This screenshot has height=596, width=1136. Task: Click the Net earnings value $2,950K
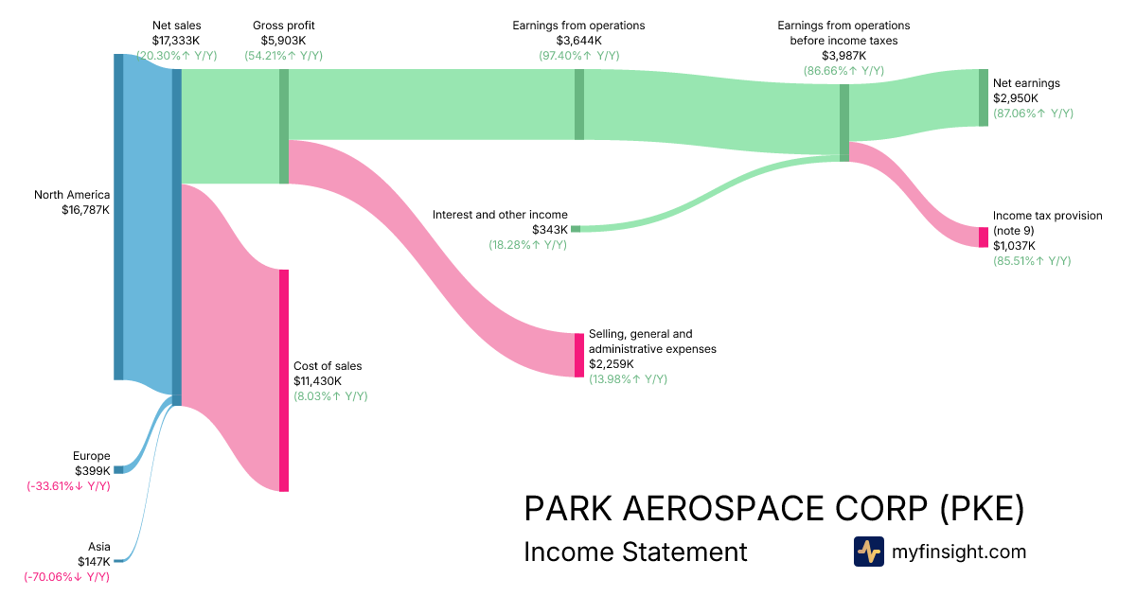coord(1016,98)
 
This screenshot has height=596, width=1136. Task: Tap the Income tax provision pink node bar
coord(983,237)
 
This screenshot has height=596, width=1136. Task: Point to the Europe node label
coord(91,456)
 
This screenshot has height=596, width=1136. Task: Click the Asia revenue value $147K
coord(94,562)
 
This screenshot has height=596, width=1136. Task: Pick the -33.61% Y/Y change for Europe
coord(68,486)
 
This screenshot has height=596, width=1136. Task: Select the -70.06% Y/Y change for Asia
coord(67,577)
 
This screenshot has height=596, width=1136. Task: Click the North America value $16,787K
coord(85,210)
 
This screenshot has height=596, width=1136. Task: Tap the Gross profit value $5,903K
coord(283,41)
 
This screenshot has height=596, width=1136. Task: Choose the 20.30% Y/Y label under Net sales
coord(176,56)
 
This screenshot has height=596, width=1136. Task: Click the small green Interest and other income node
coord(576,229)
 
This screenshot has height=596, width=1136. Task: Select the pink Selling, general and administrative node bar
coord(579,355)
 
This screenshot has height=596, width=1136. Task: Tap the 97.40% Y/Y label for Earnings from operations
coord(578,56)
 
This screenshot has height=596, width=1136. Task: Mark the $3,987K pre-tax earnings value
coord(843,56)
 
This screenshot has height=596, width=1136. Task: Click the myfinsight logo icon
coord(869,552)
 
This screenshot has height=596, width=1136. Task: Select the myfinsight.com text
coord(959,552)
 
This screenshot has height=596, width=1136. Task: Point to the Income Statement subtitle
coord(635,552)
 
